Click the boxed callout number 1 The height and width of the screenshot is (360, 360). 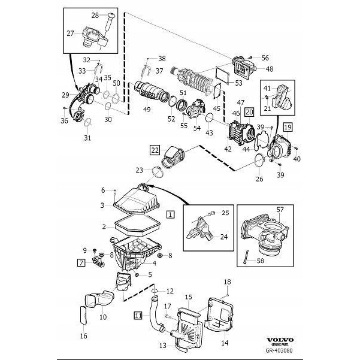171,213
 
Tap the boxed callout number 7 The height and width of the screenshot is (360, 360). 80,262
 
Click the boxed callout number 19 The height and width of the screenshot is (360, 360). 288,127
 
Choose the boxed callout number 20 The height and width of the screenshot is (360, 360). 249,111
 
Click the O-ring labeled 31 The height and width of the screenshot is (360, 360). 87,123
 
